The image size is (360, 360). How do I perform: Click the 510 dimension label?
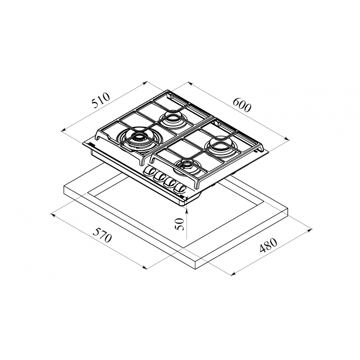[x=101, y=100]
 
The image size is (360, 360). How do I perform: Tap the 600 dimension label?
[x=242, y=105]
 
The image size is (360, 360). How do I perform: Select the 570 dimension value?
[x=102, y=235]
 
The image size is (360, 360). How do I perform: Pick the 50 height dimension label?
[x=180, y=224]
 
